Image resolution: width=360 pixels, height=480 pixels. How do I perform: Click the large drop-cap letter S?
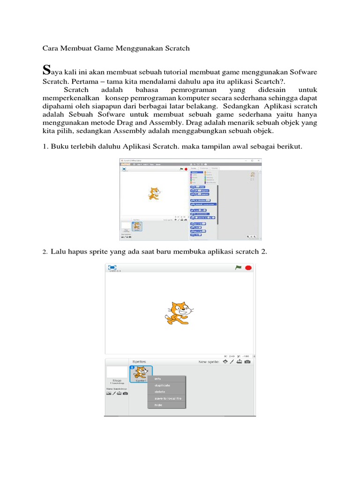46,70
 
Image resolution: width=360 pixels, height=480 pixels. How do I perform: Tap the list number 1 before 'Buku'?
45,147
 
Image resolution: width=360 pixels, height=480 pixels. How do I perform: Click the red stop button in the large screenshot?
248,268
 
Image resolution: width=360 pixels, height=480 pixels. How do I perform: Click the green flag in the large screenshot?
238,268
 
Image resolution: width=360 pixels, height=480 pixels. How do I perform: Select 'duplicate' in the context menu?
162,385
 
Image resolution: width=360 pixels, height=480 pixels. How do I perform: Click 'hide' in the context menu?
158,405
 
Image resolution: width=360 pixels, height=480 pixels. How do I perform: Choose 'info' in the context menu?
157,379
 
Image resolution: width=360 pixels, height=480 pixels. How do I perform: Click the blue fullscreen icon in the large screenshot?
112,268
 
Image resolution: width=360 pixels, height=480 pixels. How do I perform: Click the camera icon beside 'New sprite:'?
247,361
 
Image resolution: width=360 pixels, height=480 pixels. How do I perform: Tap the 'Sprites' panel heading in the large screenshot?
139,361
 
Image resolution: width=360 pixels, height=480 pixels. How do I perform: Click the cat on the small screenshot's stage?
154,194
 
